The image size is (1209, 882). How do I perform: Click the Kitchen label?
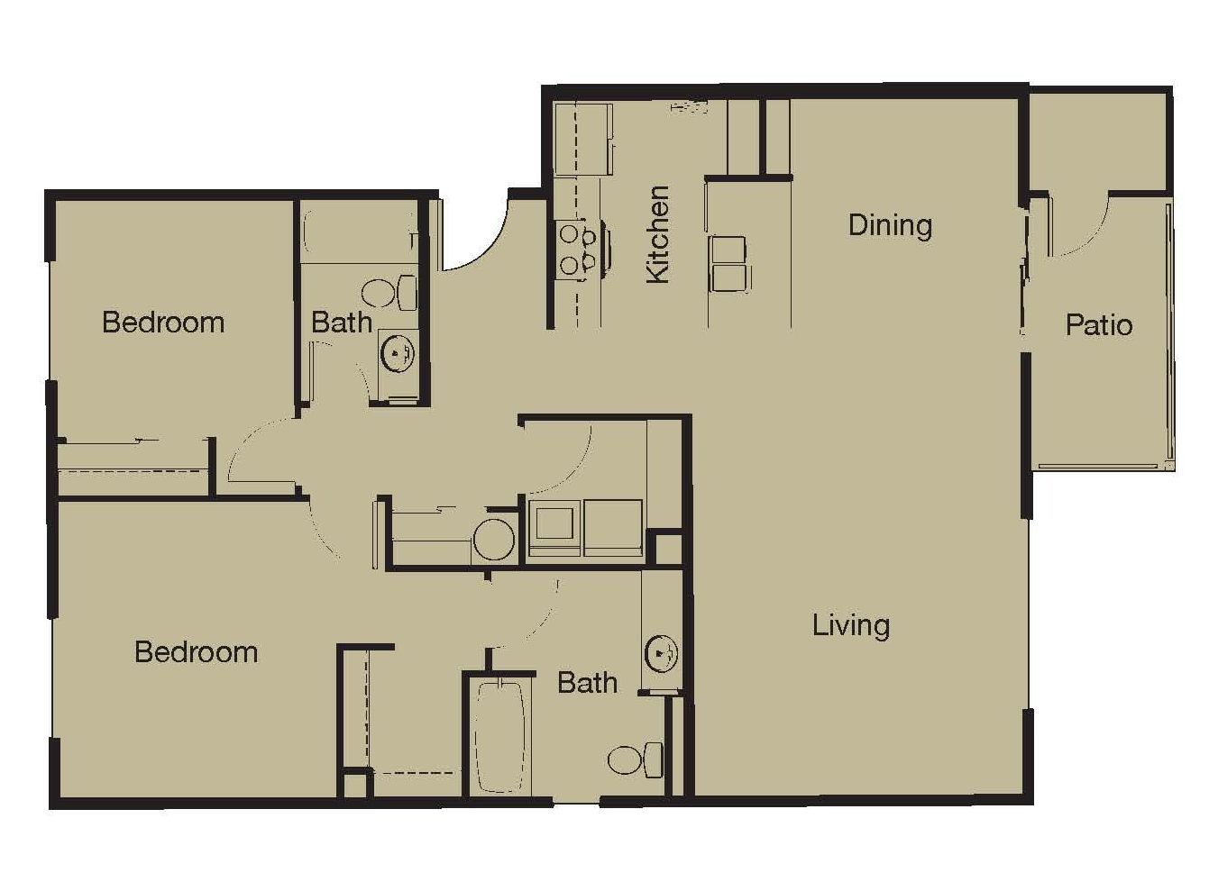click(x=658, y=234)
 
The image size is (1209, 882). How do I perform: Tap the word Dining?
click(x=890, y=226)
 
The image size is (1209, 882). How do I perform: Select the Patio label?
click(x=1099, y=324)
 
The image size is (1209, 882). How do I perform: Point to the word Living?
click(x=851, y=626)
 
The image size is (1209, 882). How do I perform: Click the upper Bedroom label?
click(x=163, y=322)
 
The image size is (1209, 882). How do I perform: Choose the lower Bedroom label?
click(x=196, y=651)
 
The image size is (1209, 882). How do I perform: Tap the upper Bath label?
click(x=342, y=322)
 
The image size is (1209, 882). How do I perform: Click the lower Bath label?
click(x=587, y=682)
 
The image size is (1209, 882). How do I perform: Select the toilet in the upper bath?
click(x=389, y=293)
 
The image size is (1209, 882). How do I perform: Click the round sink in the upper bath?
click(x=398, y=353)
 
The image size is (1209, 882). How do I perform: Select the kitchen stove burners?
click(x=576, y=250)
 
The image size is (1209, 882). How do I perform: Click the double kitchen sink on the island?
click(x=729, y=264)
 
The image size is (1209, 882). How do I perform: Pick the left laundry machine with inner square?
click(x=554, y=528)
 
